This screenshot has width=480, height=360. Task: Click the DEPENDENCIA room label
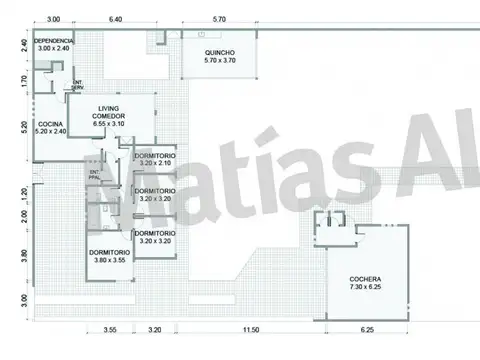pos(54,41)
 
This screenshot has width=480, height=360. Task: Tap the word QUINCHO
pos(220,53)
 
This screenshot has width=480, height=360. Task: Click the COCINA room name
pos(50,124)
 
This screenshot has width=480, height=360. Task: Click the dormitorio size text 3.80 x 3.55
pos(107,260)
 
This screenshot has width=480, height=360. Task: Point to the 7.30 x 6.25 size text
pos(365,288)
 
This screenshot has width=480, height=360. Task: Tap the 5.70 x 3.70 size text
pos(220,62)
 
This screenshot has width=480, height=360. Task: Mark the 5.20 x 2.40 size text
pos(50,132)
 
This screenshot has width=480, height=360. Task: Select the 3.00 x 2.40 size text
pos(54,49)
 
